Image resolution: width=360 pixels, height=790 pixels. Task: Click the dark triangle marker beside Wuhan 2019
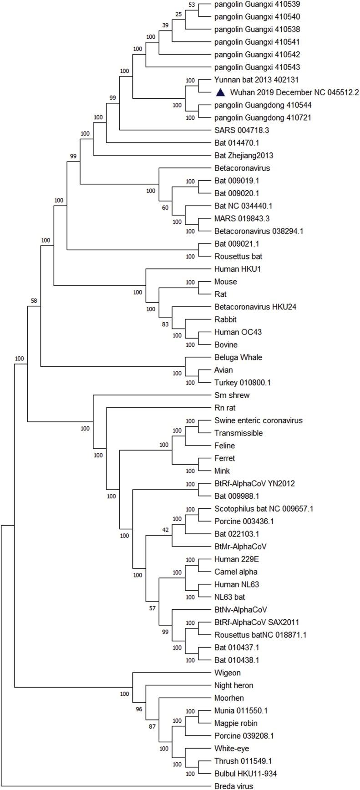[220, 92]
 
